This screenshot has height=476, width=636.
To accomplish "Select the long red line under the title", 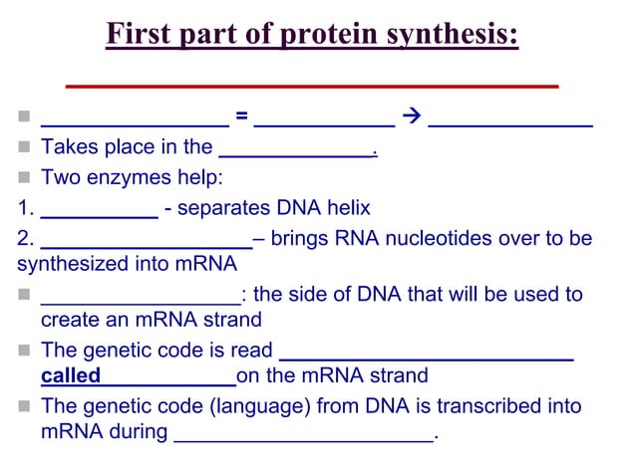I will coord(311,86).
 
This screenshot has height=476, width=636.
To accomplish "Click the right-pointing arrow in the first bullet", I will coord(411,119).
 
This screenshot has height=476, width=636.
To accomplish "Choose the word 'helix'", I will coord(347,209).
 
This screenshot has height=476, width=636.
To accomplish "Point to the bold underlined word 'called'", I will coord(71,376).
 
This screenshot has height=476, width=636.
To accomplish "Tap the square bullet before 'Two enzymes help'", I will coord(24,179).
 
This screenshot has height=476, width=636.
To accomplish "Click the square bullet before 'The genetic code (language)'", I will coord(24,407).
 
